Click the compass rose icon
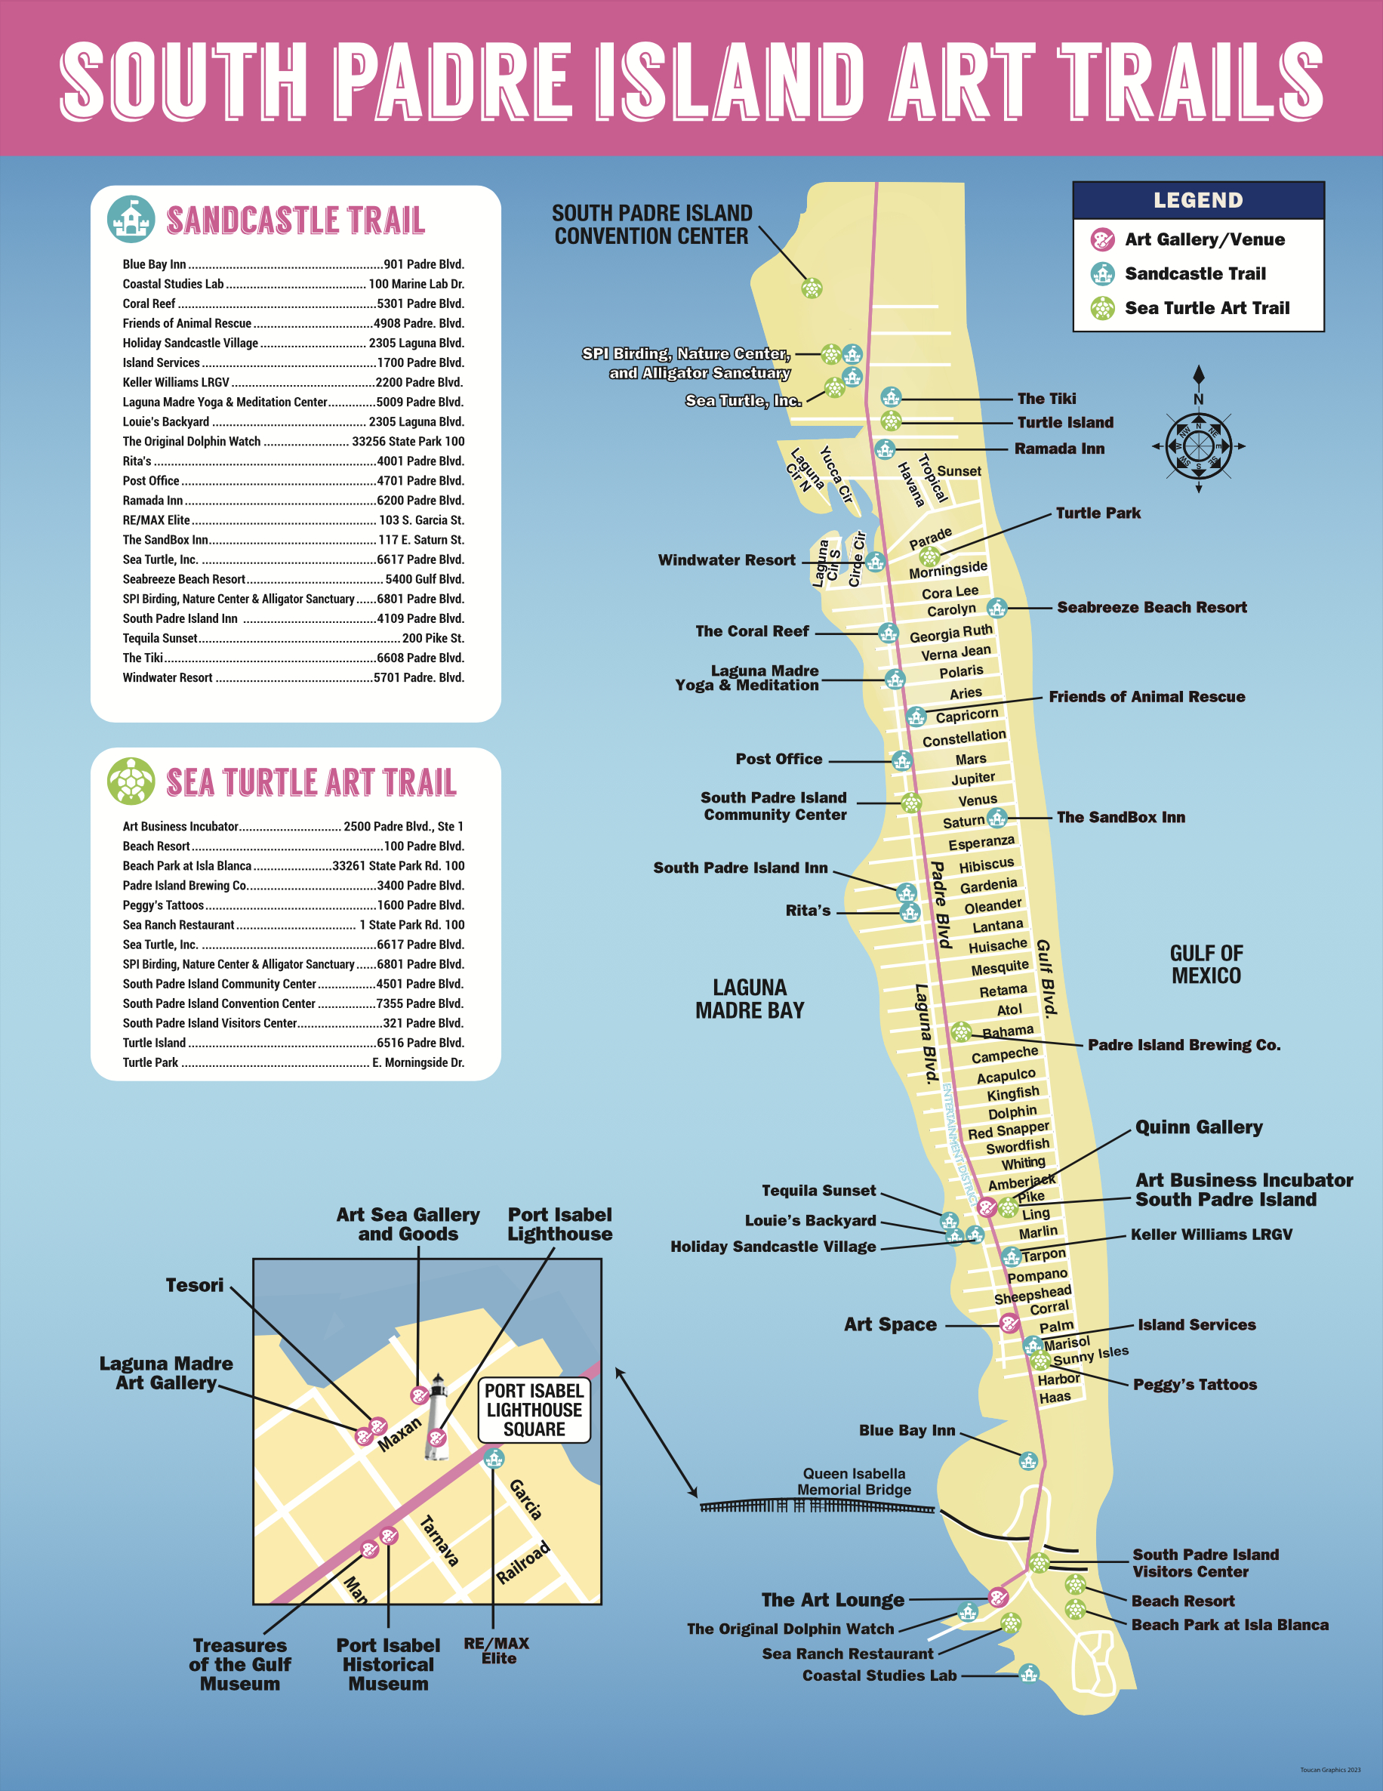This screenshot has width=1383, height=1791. pyautogui.click(x=1198, y=446)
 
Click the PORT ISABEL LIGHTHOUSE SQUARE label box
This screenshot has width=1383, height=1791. pyautogui.click(x=534, y=1410)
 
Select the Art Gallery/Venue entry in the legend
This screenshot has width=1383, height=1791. pyautogui.click(x=1203, y=239)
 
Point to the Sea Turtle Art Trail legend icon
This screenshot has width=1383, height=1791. pyautogui.click(x=1102, y=308)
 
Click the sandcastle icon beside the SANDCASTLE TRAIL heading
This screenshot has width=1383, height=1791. pyautogui.click(x=131, y=220)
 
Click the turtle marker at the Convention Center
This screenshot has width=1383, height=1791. pyautogui.click(x=811, y=288)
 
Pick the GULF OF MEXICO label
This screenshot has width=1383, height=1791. pyautogui.click(x=1206, y=964)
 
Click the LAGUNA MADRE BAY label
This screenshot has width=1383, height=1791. pyautogui.click(x=750, y=999)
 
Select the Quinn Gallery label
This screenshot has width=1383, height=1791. pyautogui.click(x=1198, y=1127)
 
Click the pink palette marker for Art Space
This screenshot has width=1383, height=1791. pyautogui.click(x=1009, y=1323)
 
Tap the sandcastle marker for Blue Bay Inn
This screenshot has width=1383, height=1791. pyautogui.click(x=1027, y=1460)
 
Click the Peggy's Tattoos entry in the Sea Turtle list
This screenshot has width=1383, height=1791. pyautogui.click(x=163, y=905)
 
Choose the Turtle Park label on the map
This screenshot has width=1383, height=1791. pyautogui.click(x=1098, y=513)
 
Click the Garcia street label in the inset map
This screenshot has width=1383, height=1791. pyautogui.click(x=525, y=1499)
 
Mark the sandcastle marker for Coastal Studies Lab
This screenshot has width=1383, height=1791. pyautogui.click(x=1028, y=1673)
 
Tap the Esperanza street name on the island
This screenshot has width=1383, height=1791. pyautogui.click(x=981, y=842)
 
